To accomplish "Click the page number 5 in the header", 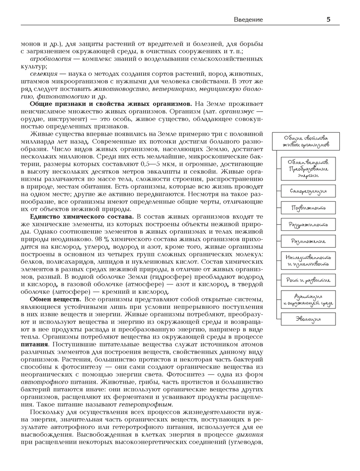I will (x=328, y=19).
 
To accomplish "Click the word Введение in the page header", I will (x=248, y=19).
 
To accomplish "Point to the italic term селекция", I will (x=44, y=74).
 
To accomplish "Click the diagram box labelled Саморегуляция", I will (x=308, y=191).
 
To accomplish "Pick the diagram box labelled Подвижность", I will (x=308, y=208).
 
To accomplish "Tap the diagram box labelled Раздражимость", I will (x=308, y=225).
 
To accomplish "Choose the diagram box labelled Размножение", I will (x=308, y=241).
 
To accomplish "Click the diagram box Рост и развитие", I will (x=308, y=281).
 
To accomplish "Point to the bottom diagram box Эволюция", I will (x=308, y=319).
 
